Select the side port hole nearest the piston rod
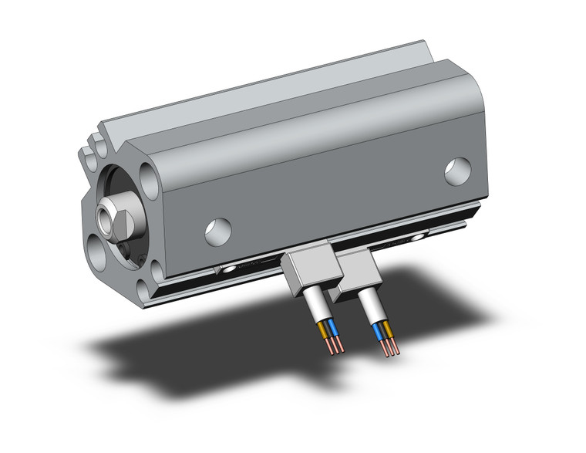tap(217, 229)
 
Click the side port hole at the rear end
tap(458, 171)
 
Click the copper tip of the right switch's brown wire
tap(394, 350)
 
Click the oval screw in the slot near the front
tap(229, 269)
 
